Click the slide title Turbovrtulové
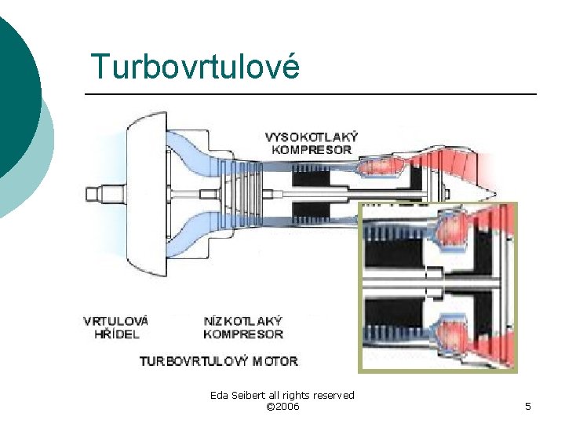click(195, 67)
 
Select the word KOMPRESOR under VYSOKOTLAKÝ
click(312, 149)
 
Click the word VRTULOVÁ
click(115, 321)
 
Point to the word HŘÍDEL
click(117, 334)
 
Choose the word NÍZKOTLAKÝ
click(242, 321)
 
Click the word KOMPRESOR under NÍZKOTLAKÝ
click(243, 334)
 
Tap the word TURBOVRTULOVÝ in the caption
click(194, 361)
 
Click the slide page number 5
click(528, 406)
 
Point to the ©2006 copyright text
click(282, 406)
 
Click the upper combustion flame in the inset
click(451, 229)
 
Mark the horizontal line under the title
click(311, 94)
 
